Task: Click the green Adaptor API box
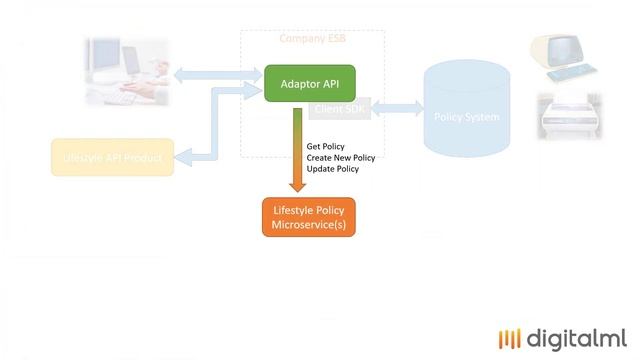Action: (309, 84)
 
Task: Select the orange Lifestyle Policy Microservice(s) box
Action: (309, 218)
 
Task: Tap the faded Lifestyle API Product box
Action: (112, 158)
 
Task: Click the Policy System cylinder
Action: (466, 112)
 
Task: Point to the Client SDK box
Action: (340, 108)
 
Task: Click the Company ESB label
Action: (313, 40)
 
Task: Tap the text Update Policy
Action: (333, 169)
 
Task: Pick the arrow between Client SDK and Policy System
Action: (397, 108)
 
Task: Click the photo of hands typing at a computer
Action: (127, 72)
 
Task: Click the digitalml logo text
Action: (577, 337)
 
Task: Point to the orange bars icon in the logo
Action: (510, 338)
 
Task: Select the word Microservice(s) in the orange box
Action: (309, 227)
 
